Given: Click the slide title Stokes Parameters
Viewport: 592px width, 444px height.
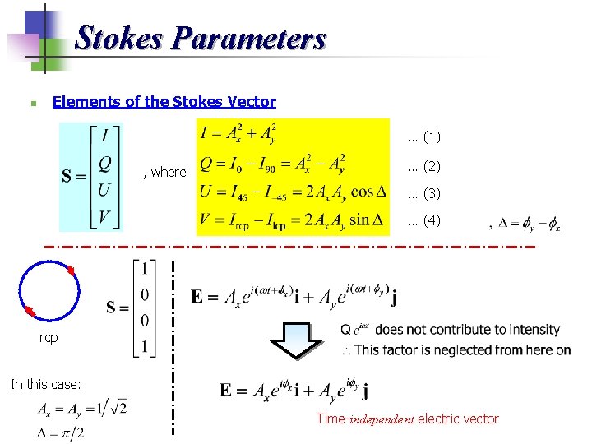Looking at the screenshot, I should coord(201,39).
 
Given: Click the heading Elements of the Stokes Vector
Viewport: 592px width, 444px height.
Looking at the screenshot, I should coord(164,102).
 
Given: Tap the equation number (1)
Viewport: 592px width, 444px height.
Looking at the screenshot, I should coord(424,136).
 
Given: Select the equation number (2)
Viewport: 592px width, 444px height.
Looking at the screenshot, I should coord(424,166).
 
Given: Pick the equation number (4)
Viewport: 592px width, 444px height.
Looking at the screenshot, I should coord(424,220).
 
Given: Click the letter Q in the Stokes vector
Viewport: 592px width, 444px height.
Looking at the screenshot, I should coord(105,163).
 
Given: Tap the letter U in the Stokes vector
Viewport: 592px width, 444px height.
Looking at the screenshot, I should coord(105,190).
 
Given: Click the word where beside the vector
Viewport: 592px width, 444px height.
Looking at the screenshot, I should coord(165,172).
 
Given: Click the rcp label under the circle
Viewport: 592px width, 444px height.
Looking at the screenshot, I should coord(49,337).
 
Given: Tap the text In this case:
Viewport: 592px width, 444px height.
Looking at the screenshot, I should coord(45,383).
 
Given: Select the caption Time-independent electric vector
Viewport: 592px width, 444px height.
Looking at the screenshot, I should coord(407,419).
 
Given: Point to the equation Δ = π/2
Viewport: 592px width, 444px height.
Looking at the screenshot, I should coord(70,432).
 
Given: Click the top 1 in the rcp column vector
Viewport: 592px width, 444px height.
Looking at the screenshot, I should coord(146,269).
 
